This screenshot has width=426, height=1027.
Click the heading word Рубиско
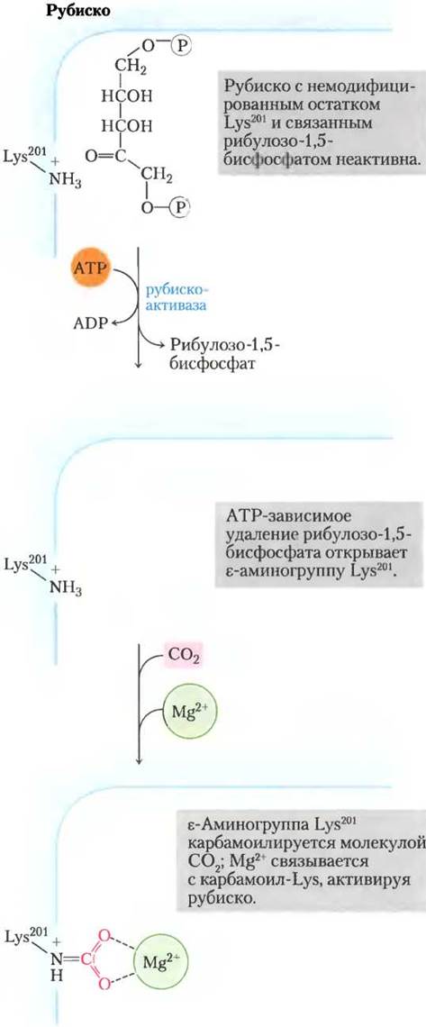pos(80,11)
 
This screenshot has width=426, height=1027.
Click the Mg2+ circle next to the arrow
pos(188,712)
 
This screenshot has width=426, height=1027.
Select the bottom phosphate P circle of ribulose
pos(178,206)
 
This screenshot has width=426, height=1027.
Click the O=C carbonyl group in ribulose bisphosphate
pos(105,156)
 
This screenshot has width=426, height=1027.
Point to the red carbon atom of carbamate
pos(87,959)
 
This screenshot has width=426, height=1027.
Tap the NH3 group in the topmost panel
pos(65,183)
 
